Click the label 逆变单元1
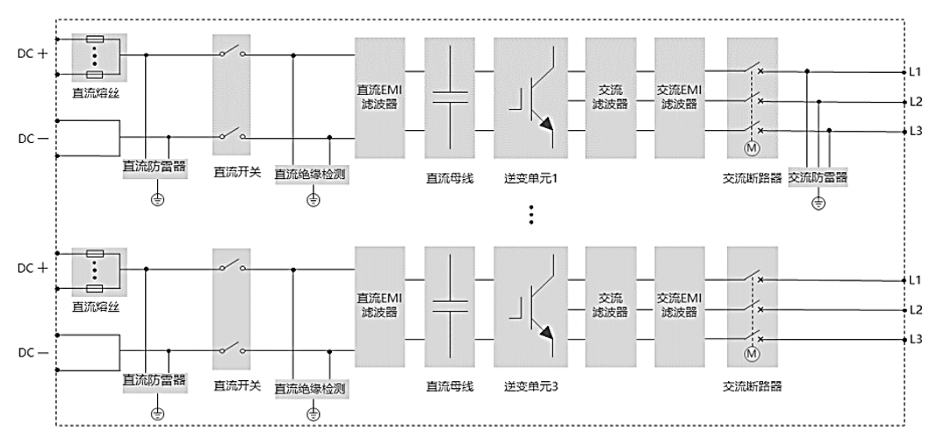(531, 178)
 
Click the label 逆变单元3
(531, 387)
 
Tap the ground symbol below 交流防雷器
(818, 203)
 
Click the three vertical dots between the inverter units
(530, 214)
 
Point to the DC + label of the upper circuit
(33, 54)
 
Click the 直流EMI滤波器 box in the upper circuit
(380, 97)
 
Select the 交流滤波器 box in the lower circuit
(609, 306)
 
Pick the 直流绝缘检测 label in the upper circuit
(311, 175)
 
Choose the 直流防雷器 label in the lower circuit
(155, 380)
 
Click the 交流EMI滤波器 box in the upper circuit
(679, 97)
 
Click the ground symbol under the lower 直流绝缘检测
(312, 413)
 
